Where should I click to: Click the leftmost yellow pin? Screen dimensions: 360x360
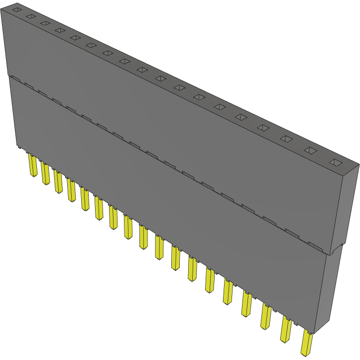pos(33,165)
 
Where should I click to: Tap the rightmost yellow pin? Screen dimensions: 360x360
pos(306,344)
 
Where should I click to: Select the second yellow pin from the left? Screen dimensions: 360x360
pos(46,173)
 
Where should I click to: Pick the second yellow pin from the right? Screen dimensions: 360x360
pos(286,329)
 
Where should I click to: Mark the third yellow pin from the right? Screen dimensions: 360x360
pos(266,317)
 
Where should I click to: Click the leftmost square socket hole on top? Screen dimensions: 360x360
pos(16,9)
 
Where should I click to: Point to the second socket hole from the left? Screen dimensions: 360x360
pos(30,16)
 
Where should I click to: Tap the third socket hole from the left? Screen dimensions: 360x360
pos(45,23)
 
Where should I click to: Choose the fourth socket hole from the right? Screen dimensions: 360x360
pos(263,128)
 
